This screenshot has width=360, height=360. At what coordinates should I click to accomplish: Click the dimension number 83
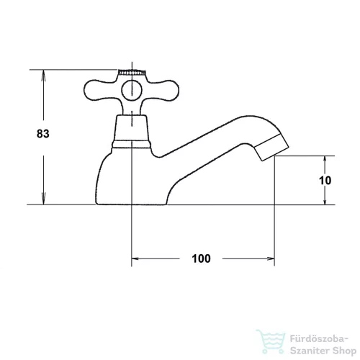[x=43, y=134]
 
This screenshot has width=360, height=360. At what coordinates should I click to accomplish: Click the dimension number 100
[x=201, y=258]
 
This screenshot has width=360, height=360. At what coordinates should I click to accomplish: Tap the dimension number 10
[x=325, y=181]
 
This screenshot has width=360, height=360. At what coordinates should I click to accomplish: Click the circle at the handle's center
[x=132, y=91]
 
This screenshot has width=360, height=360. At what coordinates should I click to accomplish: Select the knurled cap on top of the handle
[x=132, y=72]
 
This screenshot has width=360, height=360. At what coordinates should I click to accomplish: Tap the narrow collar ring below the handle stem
[x=132, y=144]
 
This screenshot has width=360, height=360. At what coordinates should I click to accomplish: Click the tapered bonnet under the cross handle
[x=132, y=127]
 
